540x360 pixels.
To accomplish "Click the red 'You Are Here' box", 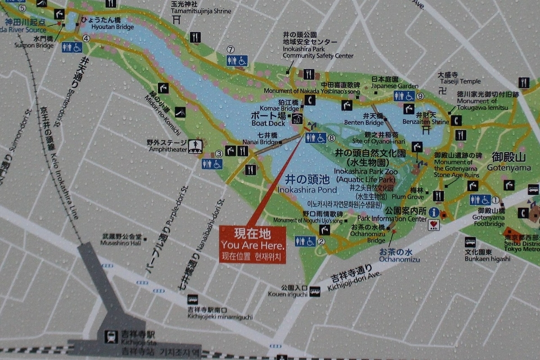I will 252,245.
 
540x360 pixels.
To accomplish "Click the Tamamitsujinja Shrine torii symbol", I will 177,19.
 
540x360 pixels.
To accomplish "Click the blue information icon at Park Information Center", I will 434,212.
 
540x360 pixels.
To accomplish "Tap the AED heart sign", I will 434,225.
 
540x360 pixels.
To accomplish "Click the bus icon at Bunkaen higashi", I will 470,242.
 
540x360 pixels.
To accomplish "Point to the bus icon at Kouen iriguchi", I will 315,291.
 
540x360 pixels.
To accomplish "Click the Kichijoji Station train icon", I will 110,337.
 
